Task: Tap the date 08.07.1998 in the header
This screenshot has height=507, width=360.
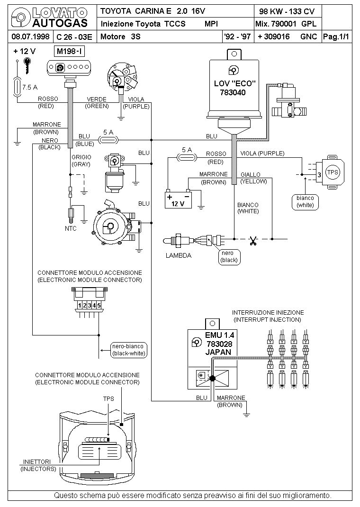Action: coord(30,36)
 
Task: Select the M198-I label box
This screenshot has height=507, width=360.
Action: coord(70,52)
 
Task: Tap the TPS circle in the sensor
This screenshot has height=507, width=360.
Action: coord(332,172)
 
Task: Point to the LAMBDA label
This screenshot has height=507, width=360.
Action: coord(179,256)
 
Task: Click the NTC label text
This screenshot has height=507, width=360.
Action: coord(71,228)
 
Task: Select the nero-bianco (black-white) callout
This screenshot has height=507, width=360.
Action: coord(129,350)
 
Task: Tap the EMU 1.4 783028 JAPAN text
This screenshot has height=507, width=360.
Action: coord(219,344)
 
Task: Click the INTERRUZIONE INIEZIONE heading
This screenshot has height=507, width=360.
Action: coord(268,313)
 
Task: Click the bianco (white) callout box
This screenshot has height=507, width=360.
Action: coord(305,202)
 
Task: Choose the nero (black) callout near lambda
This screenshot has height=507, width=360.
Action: coord(229,257)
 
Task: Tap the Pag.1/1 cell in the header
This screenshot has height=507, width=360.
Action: coord(336,37)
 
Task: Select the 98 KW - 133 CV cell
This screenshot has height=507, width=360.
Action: coord(287,11)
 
